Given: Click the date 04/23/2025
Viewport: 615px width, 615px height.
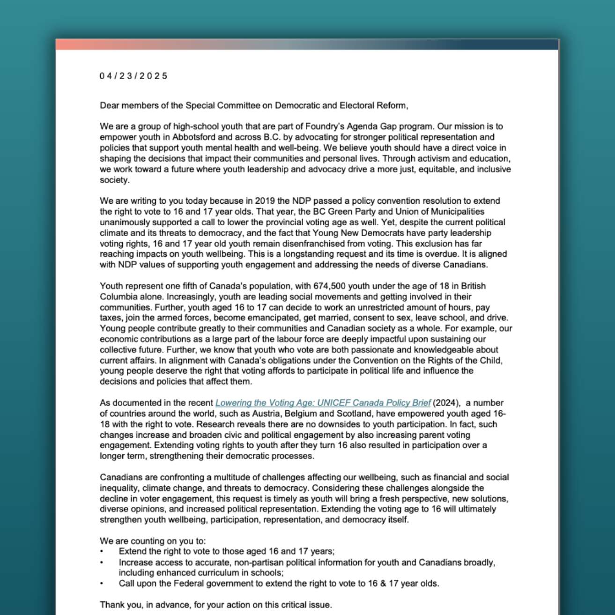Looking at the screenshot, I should (x=133, y=76).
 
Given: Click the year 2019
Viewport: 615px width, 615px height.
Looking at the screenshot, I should (x=265, y=201).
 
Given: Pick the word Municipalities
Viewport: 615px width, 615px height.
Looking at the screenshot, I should (x=457, y=212).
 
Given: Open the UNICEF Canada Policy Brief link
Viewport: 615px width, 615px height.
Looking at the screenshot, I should (x=323, y=403).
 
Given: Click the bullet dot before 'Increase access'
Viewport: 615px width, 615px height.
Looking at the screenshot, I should (x=102, y=563).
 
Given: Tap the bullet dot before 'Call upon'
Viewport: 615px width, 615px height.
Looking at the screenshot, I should (x=102, y=584).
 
